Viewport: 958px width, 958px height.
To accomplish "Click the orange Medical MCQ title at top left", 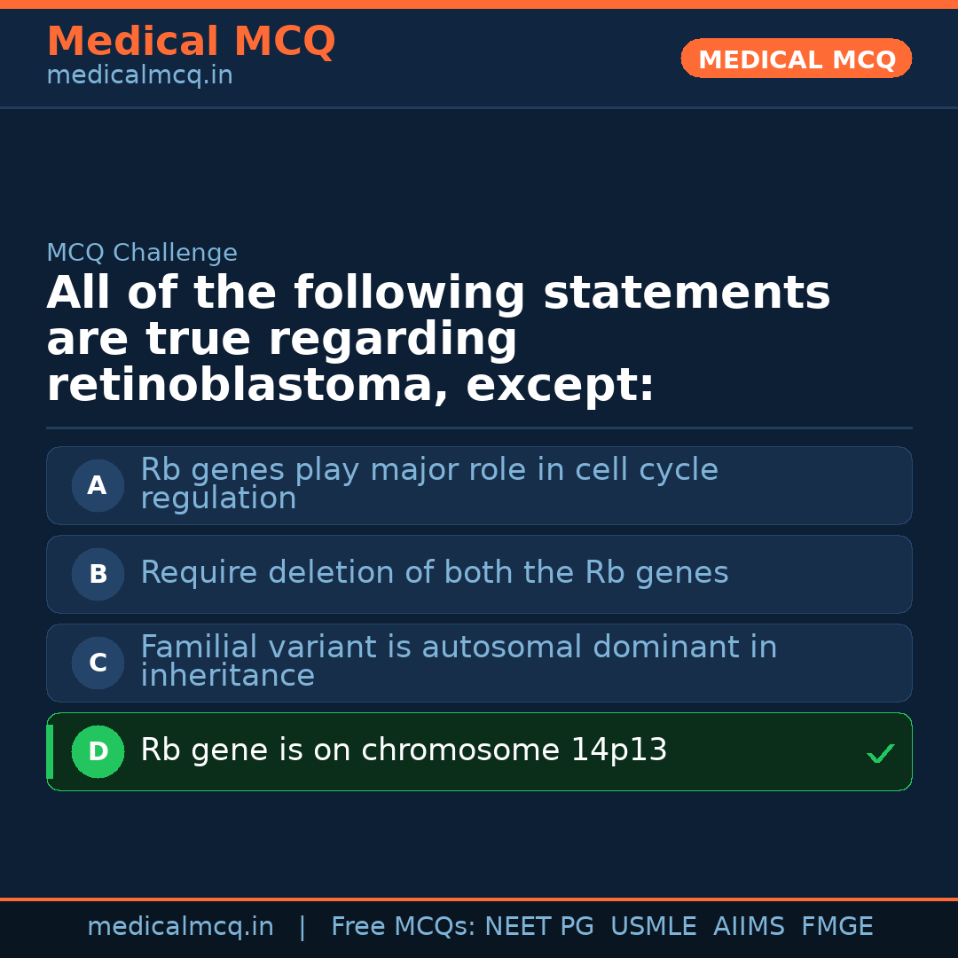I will [x=191, y=42].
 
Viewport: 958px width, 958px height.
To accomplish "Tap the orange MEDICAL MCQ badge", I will [x=797, y=59].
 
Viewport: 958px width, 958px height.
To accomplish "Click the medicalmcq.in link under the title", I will [x=139, y=76].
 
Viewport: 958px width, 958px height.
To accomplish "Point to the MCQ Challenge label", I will [x=142, y=254].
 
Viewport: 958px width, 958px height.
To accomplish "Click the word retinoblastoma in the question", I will [x=247, y=387].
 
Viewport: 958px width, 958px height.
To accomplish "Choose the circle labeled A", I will [x=98, y=486].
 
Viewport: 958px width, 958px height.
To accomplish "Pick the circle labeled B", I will [x=98, y=575].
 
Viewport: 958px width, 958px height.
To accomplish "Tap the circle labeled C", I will [x=98, y=664].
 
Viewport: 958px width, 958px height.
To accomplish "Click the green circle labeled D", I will [x=98, y=752].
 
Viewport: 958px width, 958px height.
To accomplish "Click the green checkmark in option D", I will [x=880, y=754].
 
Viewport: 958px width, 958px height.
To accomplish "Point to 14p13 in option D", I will [x=618, y=751].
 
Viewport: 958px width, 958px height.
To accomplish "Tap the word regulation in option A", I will [x=218, y=499].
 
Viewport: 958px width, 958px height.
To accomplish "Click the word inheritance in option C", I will [x=227, y=677].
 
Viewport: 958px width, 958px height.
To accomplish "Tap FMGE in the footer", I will [x=836, y=927].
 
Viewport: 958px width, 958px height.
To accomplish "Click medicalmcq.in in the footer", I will [x=180, y=927].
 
